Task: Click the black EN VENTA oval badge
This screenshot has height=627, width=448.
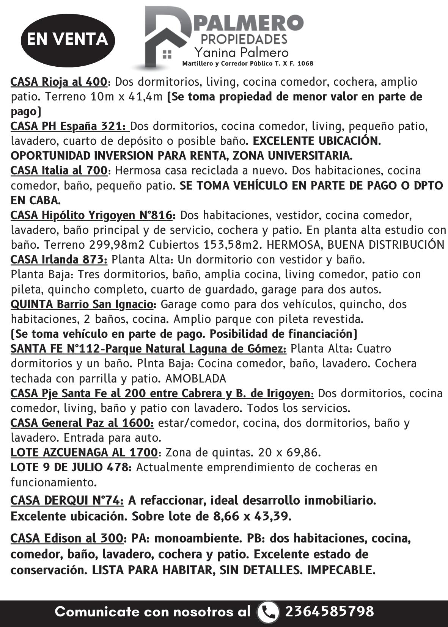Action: click(68, 39)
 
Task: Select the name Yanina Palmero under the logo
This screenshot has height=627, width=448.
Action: click(241, 52)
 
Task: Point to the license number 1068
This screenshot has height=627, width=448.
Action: click(305, 63)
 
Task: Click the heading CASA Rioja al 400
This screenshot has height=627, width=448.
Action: click(59, 82)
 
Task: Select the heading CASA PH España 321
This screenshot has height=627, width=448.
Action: click(69, 126)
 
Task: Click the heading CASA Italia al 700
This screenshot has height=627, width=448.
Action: click(59, 171)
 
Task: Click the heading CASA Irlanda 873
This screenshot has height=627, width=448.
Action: click(59, 260)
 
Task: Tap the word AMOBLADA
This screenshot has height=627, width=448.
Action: click(196, 378)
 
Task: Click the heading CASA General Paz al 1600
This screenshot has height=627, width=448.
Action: click(82, 423)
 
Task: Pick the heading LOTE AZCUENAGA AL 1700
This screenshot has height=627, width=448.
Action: click(84, 452)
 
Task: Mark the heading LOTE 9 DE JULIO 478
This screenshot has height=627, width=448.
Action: click(71, 467)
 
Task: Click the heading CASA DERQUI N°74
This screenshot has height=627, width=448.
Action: click(67, 500)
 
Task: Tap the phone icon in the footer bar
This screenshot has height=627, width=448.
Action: click(268, 611)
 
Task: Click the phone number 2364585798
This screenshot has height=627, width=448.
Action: click(329, 611)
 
